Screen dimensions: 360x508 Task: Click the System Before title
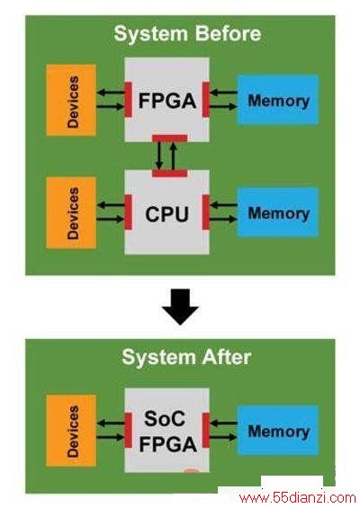(x=187, y=34)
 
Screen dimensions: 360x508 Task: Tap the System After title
(x=186, y=357)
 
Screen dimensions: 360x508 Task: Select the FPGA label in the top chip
(x=167, y=101)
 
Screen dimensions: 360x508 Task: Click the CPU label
(x=167, y=214)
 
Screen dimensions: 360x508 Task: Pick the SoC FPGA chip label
(x=167, y=432)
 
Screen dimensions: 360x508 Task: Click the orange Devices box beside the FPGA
(x=71, y=100)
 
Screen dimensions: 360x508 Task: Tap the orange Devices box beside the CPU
(x=71, y=213)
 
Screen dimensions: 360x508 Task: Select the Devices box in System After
(x=71, y=431)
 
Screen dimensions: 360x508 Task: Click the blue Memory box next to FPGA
(x=278, y=100)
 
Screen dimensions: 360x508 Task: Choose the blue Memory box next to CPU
(x=278, y=212)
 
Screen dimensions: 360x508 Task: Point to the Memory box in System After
(x=278, y=431)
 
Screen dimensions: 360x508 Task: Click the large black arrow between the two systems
(x=180, y=307)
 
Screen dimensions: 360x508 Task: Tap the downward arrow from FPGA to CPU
(x=159, y=156)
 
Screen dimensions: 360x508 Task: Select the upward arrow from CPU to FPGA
(x=174, y=156)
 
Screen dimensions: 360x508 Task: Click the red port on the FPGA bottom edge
(x=169, y=138)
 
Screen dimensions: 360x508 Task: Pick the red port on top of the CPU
(x=169, y=174)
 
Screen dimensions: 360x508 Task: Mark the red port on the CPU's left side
(x=129, y=212)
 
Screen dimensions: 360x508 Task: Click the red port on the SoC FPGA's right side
(x=206, y=431)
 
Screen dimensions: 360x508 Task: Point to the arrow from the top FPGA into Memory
(x=224, y=106)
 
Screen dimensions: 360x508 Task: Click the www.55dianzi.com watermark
(x=298, y=497)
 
